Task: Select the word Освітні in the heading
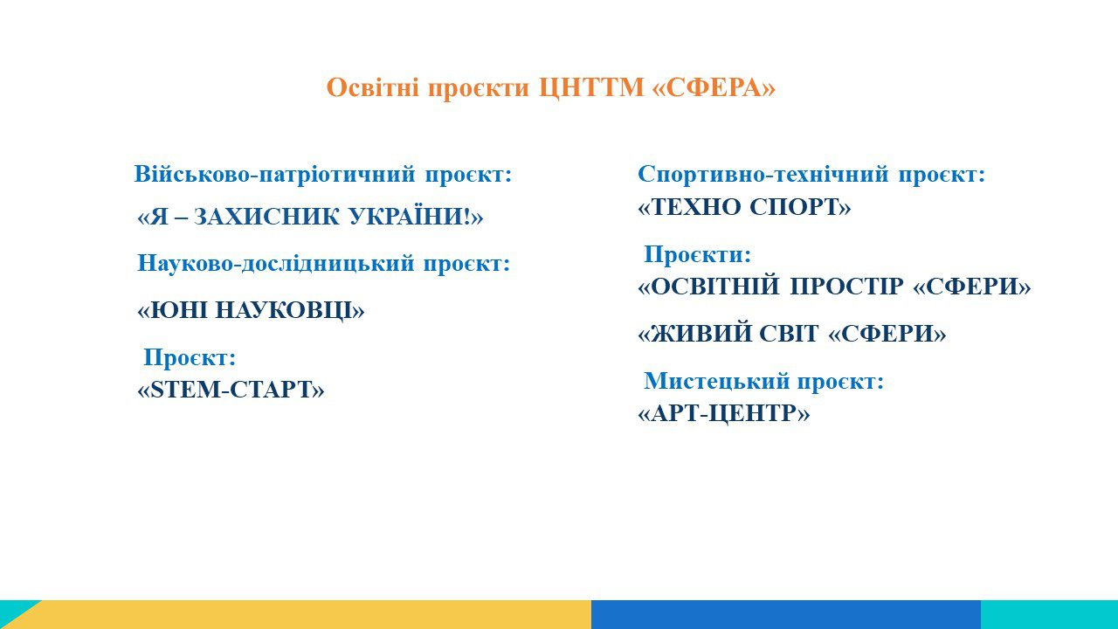click(x=373, y=88)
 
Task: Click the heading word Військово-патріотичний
click(x=274, y=174)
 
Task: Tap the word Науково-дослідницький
click(x=275, y=264)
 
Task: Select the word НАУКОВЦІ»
click(x=291, y=310)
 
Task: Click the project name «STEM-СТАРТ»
click(x=231, y=390)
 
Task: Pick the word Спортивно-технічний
click(x=763, y=174)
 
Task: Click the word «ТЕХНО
click(x=690, y=207)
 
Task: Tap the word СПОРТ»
click(x=801, y=207)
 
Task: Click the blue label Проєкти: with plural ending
click(x=697, y=254)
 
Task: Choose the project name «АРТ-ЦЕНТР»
click(x=724, y=414)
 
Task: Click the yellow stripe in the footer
click(x=309, y=614)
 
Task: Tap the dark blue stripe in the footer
click(x=786, y=614)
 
